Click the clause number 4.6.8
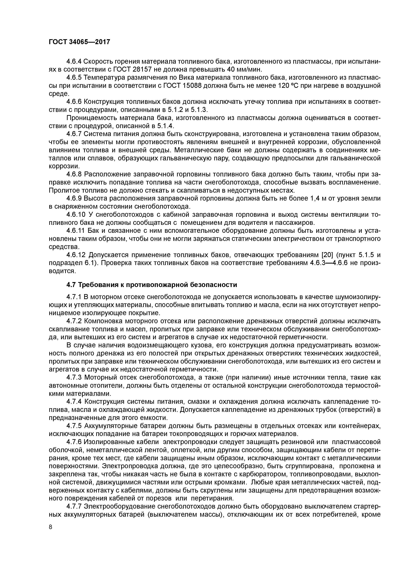pos(74,174)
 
